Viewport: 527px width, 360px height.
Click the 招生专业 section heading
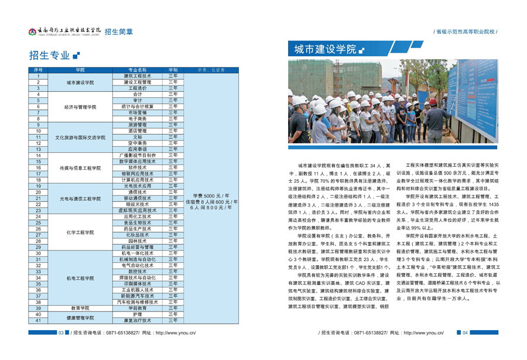click(49, 56)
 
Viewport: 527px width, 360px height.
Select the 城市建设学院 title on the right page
click(325, 50)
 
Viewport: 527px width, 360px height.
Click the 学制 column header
click(173, 70)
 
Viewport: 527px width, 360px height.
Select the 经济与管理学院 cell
click(80, 107)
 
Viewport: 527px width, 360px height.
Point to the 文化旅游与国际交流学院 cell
click(80, 138)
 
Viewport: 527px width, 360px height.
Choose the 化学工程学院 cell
click(80, 232)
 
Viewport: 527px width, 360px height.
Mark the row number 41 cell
click(38, 321)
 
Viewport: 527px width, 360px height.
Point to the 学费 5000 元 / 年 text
click(211, 196)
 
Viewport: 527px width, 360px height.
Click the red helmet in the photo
click(433, 101)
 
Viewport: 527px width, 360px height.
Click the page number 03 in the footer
click(61, 332)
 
